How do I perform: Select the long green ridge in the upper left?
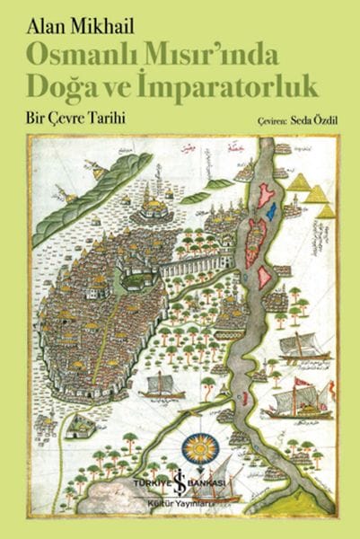[x=90, y=198]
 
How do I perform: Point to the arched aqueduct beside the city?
[x=198, y=265]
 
